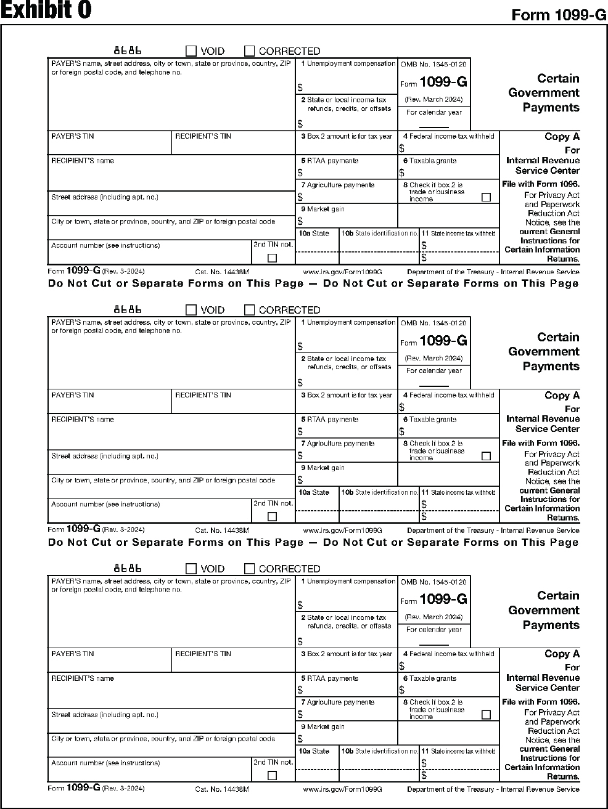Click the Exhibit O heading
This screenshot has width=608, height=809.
click(x=46, y=10)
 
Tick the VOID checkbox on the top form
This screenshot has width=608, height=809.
click(x=191, y=51)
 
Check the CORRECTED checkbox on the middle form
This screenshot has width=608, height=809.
click(x=249, y=310)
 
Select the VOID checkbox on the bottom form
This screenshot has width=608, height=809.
click(x=191, y=569)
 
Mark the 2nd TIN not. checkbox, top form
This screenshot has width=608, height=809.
click(x=272, y=258)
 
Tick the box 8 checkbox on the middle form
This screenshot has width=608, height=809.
click(x=486, y=456)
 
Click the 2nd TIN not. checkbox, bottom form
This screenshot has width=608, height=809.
click(x=272, y=776)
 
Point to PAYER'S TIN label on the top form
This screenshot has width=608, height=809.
click(x=73, y=136)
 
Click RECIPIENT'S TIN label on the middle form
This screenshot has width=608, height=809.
click(x=203, y=395)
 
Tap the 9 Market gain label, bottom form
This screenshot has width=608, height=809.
click(x=322, y=727)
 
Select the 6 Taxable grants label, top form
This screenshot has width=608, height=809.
click(x=430, y=161)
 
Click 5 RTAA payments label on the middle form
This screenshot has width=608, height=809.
click(x=329, y=420)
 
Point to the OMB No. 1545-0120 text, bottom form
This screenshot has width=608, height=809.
click(x=433, y=582)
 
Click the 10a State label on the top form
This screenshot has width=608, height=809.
click(x=314, y=234)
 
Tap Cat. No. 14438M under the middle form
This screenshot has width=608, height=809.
click(x=222, y=530)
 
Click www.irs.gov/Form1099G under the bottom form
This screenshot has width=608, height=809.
click(x=343, y=789)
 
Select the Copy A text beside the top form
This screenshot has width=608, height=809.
click(x=562, y=137)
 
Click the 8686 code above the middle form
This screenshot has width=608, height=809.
click(x=128, y=309)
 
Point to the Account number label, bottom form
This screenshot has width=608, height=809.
click(x=105, y=763)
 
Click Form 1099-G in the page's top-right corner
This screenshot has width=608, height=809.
click(x=559, y=15)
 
